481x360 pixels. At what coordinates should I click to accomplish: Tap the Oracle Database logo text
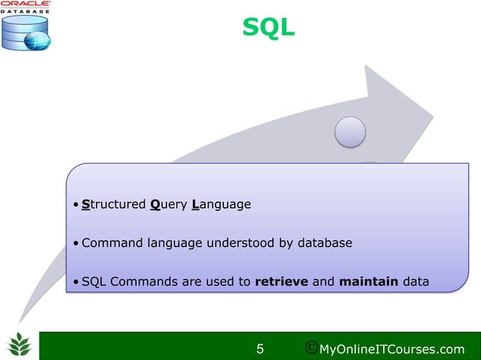(26, 7)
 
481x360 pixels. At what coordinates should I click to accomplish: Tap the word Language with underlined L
(221, 204)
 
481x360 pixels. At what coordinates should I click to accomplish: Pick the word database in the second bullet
(322, 243)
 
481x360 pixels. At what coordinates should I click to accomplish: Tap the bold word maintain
(369, 282)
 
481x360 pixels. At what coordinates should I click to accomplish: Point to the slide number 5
(260, 349)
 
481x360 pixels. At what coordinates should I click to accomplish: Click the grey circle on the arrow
(350, 132)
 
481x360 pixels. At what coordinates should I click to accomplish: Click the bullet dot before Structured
(76, 205)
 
